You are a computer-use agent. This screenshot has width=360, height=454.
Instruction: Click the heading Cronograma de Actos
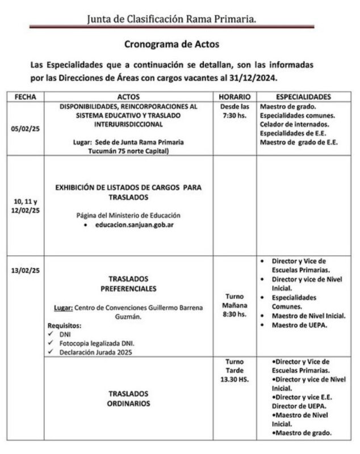click(x=171, y=44)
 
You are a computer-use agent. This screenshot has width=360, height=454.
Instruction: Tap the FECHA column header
click(x=25, y=96)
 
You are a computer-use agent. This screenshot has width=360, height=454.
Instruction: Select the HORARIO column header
click(x=233, y=96)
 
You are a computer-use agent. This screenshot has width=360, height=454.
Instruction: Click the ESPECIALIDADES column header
click(x=304, y=96)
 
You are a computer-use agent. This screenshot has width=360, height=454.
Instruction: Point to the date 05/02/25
click(x=25, y=129)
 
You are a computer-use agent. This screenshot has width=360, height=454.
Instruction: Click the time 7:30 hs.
click(x=233, y=115)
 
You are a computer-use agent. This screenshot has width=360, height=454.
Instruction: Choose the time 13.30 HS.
click(x=233, y=379)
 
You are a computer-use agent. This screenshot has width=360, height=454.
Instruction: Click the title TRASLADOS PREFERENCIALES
click(x=128, y=284)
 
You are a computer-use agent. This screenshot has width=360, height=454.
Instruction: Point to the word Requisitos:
click(x=63, y=326)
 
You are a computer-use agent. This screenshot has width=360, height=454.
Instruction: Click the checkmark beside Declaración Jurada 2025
click(x=52, y=352)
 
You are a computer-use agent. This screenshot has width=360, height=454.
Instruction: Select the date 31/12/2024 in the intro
click(x=257, y=77)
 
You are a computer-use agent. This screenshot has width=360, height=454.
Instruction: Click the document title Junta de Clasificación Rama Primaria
click(x=171, y=19)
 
